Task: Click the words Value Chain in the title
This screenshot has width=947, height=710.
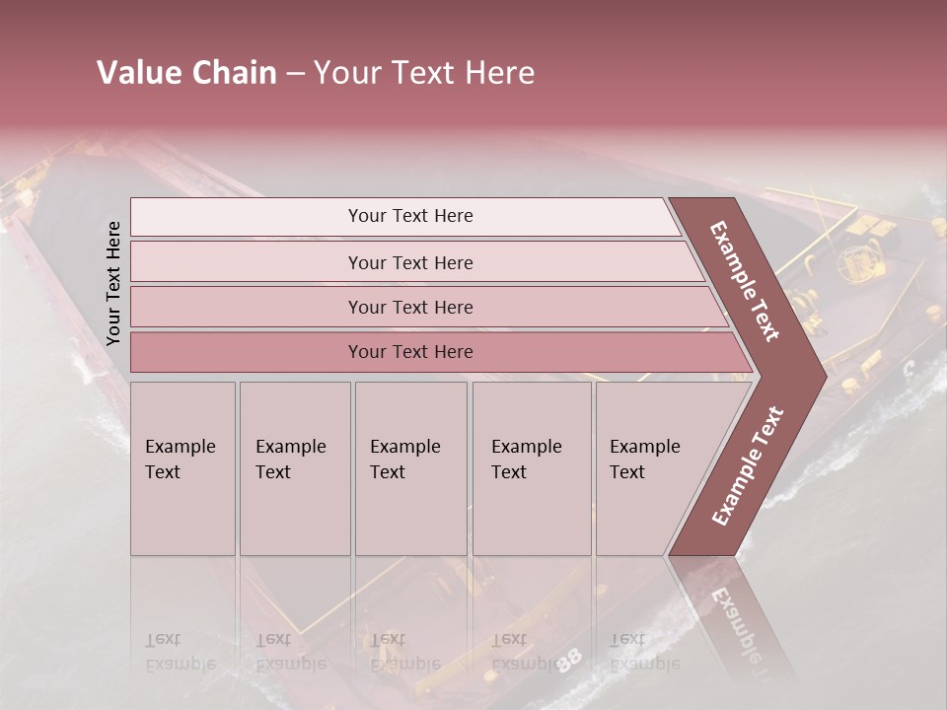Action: pyautogui.click(x=186, y=73)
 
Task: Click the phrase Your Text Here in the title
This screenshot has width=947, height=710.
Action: pyautogui.click(x=424, y=73)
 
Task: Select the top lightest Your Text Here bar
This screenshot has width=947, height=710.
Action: pyautogui.click(x=410, y=216)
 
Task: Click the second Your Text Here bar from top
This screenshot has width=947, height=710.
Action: pyautogui.click(x=410, y=262)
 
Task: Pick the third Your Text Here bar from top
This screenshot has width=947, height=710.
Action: pyautogui.click(x=410, y=307)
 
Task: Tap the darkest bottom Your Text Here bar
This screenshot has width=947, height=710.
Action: pyautogui.click(x=410, y=352)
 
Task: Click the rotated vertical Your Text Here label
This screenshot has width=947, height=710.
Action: pyautogui.click(x=113, y=283)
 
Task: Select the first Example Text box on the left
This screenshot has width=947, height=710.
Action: pyautogui.click(x=182, y=467)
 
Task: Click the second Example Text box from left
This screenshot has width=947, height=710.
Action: pyautogui.click(x=294, y=467)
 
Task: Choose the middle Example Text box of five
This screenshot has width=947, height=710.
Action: pyautogui.click(x=410, y=467)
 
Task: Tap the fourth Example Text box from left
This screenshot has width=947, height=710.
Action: pyautogui.click(x=531, y=467)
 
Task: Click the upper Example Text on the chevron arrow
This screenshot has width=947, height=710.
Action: pyautogui.click(x=745, y=281)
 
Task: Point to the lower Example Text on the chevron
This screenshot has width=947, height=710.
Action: pyautogui.click(x=747, y=466)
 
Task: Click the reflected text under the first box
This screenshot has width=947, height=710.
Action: pyautogui.click(x=181, y=652)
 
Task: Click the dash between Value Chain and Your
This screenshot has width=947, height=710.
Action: pyautogui.click(x=295, y=73)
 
